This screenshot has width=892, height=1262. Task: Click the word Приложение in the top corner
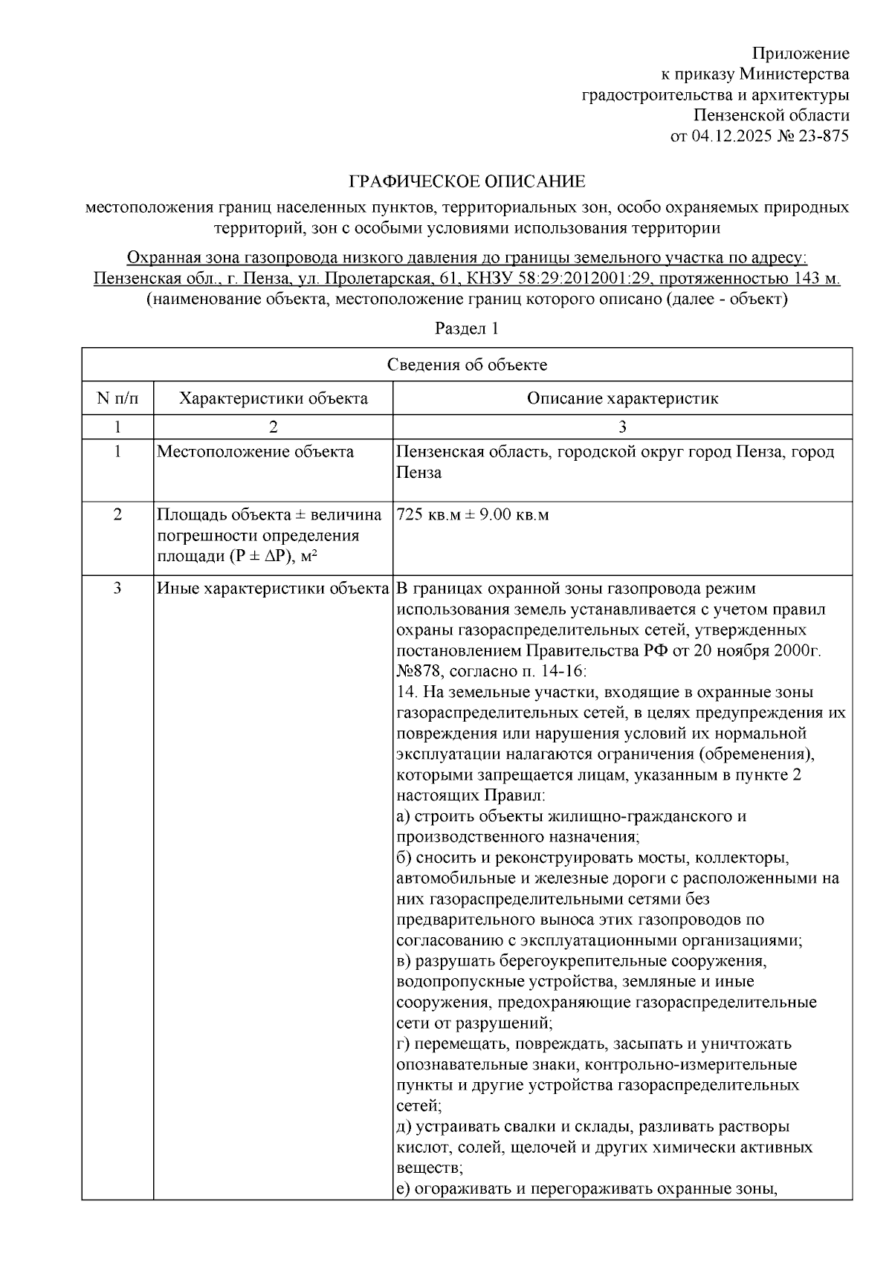(x=801, y=54)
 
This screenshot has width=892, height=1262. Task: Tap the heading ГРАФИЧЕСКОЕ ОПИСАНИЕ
(x=468, y=181)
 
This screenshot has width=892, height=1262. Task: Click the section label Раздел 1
(x=467, y=328)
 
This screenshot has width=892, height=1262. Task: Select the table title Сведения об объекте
(x=467, y=364)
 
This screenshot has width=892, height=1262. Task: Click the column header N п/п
(x=117, y=398)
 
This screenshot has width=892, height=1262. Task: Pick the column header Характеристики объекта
(x=273, y=398)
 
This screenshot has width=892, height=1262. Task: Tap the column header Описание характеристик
(x=622, y=398)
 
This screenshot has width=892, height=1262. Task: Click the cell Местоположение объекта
(x=255, y=452)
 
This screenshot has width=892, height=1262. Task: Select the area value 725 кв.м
(x=430, y=515)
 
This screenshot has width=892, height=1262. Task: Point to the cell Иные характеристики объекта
(x=273, y=589)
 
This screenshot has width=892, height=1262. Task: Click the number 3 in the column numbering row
(x=622, y=427)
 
